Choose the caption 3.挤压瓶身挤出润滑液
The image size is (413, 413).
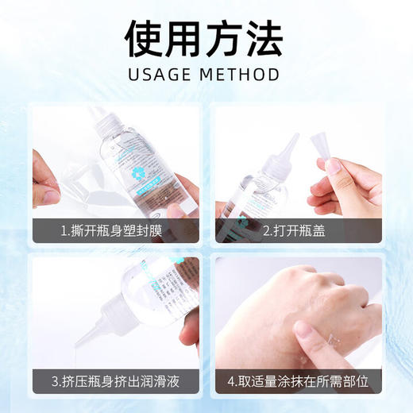(115, 380)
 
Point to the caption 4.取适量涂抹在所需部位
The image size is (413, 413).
(299, 380)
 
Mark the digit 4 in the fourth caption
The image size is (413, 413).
(234, 380)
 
